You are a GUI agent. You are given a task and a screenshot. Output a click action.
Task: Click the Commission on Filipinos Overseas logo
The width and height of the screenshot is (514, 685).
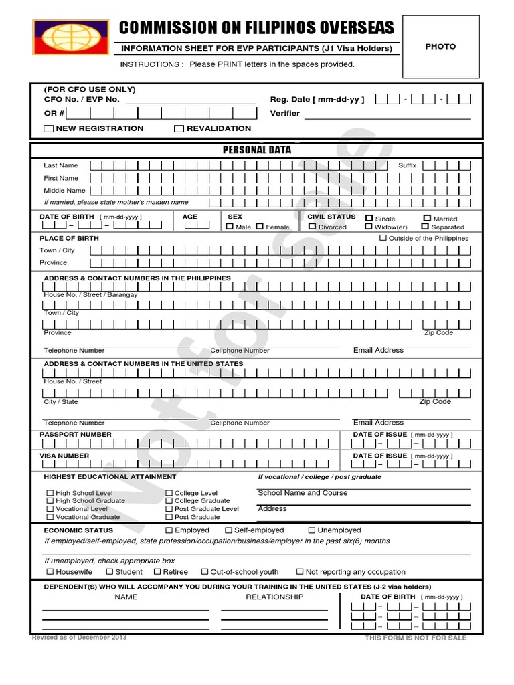pos(71,39)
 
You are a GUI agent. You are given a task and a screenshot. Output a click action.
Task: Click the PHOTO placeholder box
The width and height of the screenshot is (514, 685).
pos(440,47)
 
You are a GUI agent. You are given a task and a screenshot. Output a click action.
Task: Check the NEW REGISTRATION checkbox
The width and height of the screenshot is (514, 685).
pos(50,128)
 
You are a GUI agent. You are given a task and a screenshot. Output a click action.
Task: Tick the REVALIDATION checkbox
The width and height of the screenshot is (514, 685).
pos(179,128)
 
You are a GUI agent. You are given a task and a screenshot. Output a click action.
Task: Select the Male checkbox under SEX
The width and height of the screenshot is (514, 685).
pos(230,227)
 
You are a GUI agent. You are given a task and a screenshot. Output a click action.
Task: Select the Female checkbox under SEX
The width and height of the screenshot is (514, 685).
pos(260,227)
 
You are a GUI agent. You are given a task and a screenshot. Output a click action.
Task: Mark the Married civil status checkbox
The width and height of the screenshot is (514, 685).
pos(426,218)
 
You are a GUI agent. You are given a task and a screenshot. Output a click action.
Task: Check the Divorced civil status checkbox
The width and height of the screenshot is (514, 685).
pos(312,227)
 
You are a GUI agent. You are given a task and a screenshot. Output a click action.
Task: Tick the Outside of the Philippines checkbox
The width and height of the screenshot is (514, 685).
pos(383,238)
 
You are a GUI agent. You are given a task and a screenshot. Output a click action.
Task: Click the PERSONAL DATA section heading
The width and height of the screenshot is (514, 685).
pos(257,150)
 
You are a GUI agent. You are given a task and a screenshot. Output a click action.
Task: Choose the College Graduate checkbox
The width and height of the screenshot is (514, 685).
pos(169,500)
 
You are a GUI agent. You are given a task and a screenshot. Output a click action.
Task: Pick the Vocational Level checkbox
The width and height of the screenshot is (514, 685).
pos(50,508)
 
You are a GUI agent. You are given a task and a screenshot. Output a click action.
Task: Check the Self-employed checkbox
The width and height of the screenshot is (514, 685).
pos(228,530)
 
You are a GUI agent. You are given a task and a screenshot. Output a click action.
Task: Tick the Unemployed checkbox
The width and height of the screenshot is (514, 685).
pos(311,530)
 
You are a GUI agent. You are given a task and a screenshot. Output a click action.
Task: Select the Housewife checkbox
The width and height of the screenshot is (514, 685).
pos(50,572)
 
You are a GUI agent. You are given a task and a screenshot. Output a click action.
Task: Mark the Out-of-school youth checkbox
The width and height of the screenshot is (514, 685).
pos(204,572)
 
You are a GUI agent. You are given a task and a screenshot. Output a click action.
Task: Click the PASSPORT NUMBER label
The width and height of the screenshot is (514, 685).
pos(76,435)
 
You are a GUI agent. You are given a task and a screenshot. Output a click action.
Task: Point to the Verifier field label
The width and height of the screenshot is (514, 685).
pos(284,114)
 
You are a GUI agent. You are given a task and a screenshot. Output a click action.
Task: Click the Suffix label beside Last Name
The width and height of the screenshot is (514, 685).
pos(407,165)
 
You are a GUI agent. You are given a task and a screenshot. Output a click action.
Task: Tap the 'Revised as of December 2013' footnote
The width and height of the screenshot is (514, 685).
pos(79,637)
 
